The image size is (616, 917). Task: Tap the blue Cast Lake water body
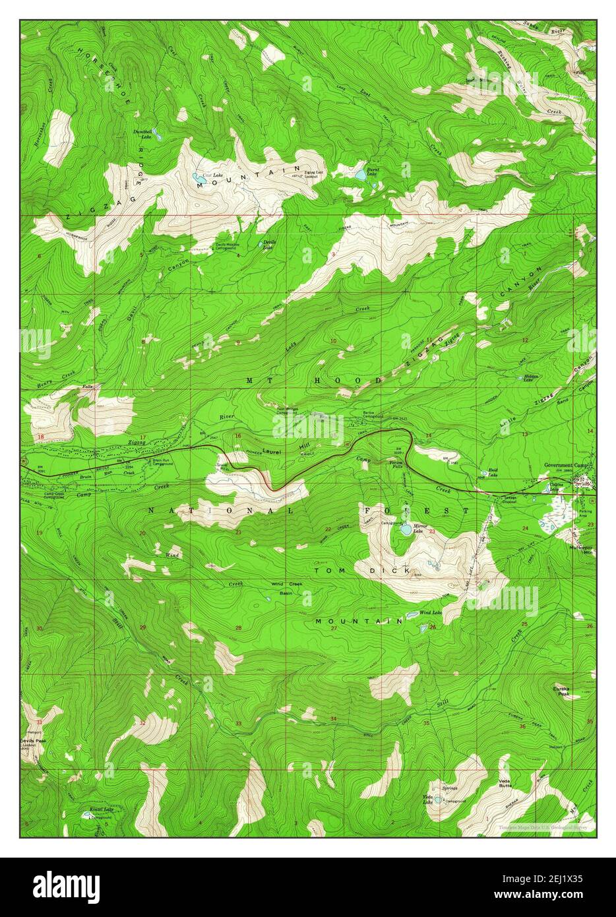(197, 177)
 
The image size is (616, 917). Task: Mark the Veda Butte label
(506, 782)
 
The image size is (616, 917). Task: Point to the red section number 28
(238, 628)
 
